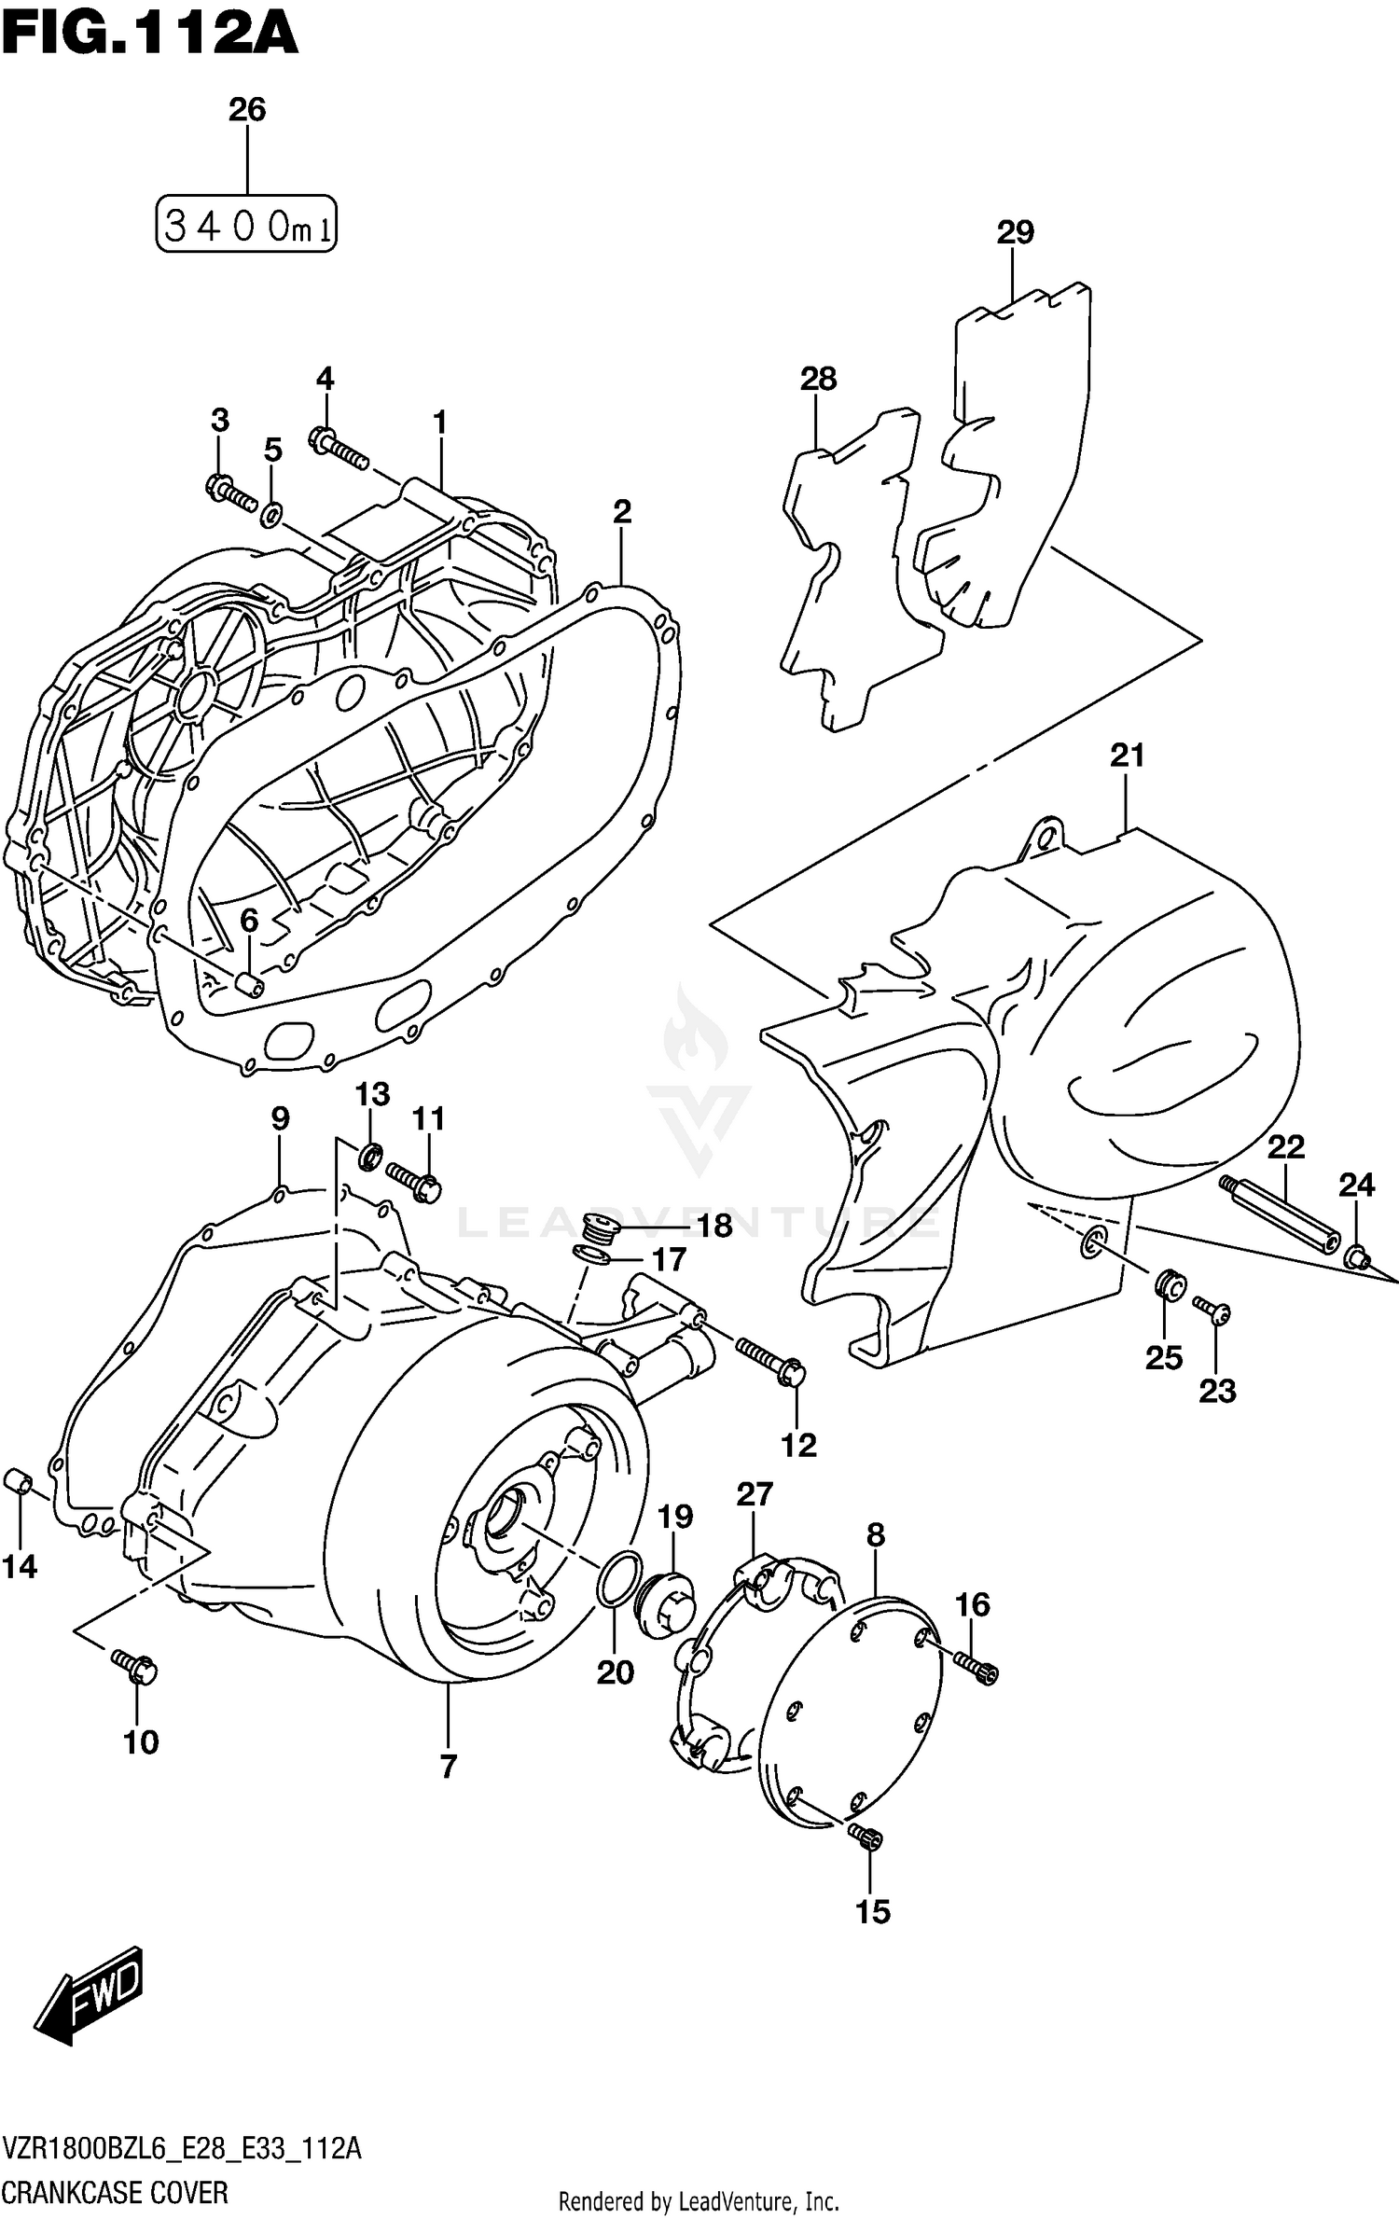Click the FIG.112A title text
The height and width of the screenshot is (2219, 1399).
click(x=149, y=35)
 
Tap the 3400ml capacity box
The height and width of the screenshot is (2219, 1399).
click(x=245, y=225)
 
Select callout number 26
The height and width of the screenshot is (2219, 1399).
click(x=247, y=110)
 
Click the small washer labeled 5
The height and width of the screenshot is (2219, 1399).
click(x=271, y=512)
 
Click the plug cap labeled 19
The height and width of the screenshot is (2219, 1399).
click(x=664, y=1598)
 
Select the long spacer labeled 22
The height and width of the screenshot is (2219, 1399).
click(x=1280, y=1215)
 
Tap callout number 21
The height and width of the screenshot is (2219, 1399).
click(x=1127, y=756)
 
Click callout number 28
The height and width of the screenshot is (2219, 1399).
click(x=818, y=380)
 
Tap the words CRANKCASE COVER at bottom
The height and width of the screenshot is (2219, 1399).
click(x=115, y=2192)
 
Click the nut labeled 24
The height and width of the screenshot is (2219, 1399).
click(x=1357, y=1259)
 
